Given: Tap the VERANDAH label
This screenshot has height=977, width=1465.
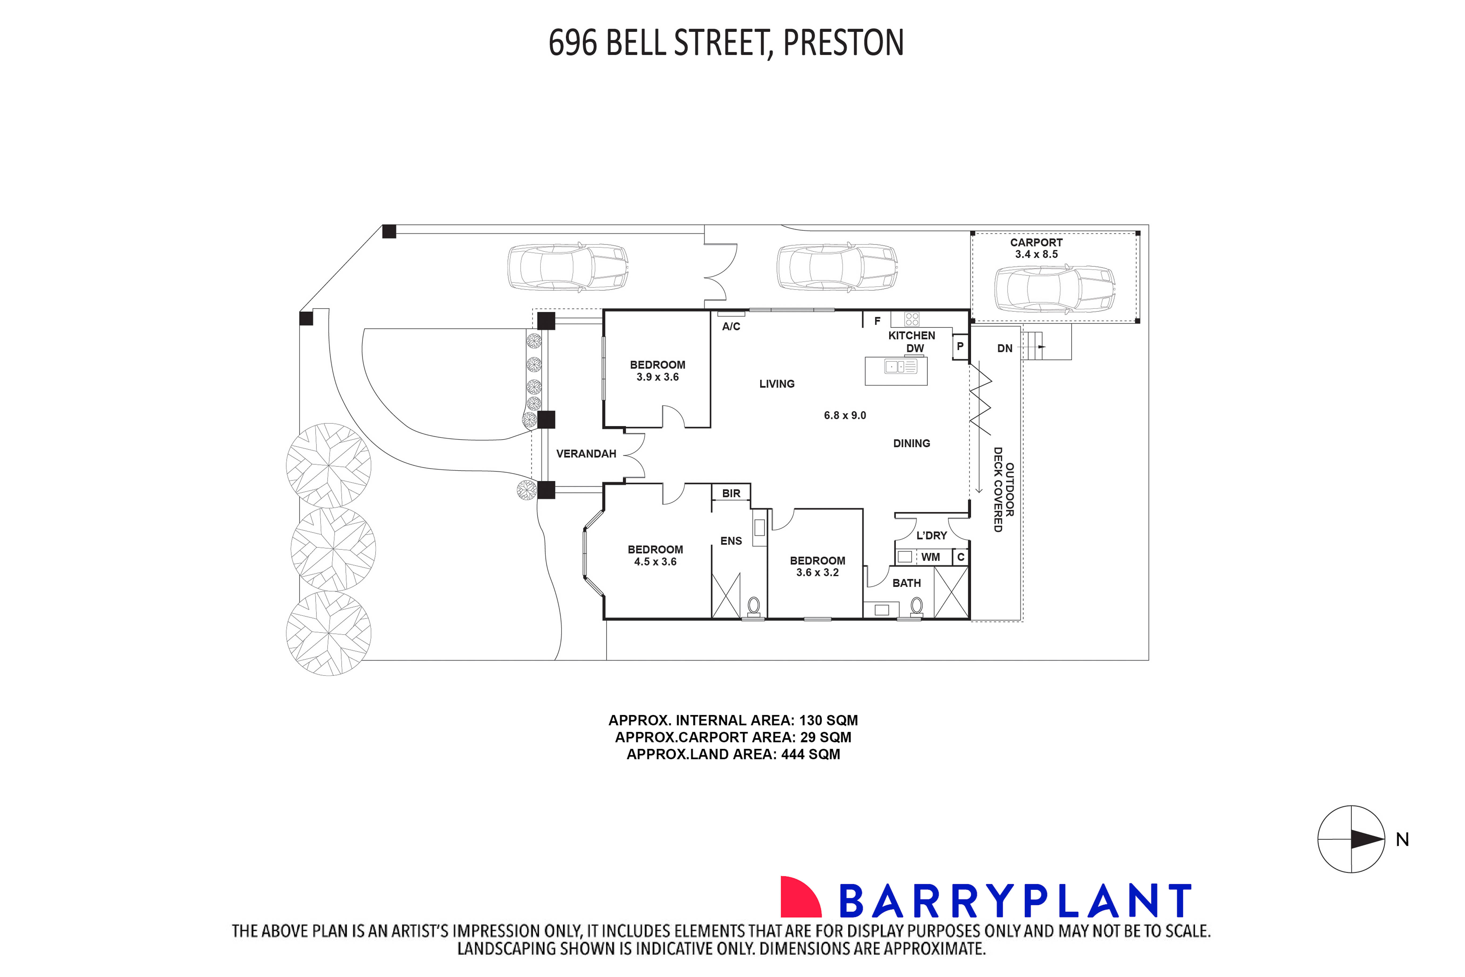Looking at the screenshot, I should pyautogui.click(x=586, y=454).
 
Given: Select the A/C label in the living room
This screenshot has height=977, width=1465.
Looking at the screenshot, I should pyautogui.click(x=731, y=326).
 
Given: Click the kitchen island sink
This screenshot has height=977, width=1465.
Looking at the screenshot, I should pyautogui.click(x=900, y=367).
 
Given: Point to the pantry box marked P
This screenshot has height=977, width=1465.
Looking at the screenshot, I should pyautogui.click(x=960, y=346).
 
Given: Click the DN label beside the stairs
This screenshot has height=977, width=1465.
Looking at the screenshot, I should pyautogui.click(x=1004, y=348).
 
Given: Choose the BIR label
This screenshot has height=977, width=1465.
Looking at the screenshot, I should pyautogui.click(x=731, y=494).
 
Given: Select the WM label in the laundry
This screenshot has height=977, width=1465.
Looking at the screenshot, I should pyautogui.click(x=930, y=557).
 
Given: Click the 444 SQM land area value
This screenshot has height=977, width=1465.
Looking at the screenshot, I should pyautogui.click(x=810, y=755).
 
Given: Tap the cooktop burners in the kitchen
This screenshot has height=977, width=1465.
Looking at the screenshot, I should pyautogui.click(x=912, y=320).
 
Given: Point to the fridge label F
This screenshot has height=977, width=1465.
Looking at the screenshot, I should pyautogui.click(x=877, y=322).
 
